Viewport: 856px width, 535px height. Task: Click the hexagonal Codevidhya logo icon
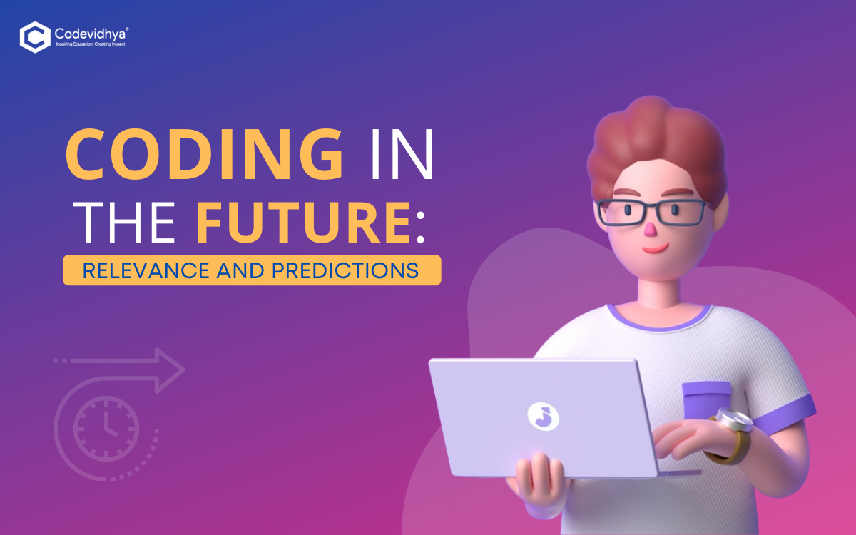coord(35,37)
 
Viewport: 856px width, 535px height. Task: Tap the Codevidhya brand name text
coord(91,34)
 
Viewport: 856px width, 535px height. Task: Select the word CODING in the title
coord(205,153)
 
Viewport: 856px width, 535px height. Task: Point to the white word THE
coord(124,223)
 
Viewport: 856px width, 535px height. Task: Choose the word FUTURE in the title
coord(304,223)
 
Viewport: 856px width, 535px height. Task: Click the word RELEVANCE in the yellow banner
coord(146,270)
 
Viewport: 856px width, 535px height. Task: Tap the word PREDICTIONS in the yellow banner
coord(345,270)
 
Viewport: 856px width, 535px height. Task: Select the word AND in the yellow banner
coord(240,270)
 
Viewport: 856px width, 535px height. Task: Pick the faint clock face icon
coord(106,429)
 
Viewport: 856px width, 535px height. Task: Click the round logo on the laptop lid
coord(543,417)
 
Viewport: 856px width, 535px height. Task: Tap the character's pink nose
coord(650,230)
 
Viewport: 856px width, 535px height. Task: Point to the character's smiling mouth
coord(656,248)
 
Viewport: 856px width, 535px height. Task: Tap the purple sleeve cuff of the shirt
coord(783,414)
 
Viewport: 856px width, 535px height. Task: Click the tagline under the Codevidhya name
coord(91,44)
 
